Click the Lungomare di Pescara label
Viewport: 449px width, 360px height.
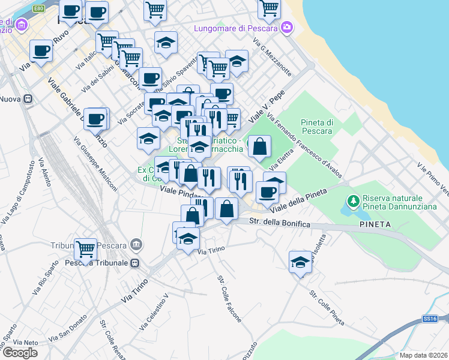tap(235, 28)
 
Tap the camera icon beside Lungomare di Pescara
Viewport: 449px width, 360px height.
tap(287, 27)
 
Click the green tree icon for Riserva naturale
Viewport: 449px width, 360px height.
tap(354, 199)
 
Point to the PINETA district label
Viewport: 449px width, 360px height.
tap(375, 224)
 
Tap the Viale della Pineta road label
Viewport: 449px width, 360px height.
tap(298, 200)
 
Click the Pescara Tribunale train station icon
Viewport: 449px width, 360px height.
tap(135, 263)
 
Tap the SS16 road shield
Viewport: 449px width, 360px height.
tap(428, 319)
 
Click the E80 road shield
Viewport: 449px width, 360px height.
tap(39, 8)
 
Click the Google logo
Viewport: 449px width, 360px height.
tap(20, 352)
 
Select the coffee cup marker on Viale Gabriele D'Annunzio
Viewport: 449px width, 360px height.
tap(95, 118)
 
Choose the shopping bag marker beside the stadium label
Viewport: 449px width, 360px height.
tap(259, 146)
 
